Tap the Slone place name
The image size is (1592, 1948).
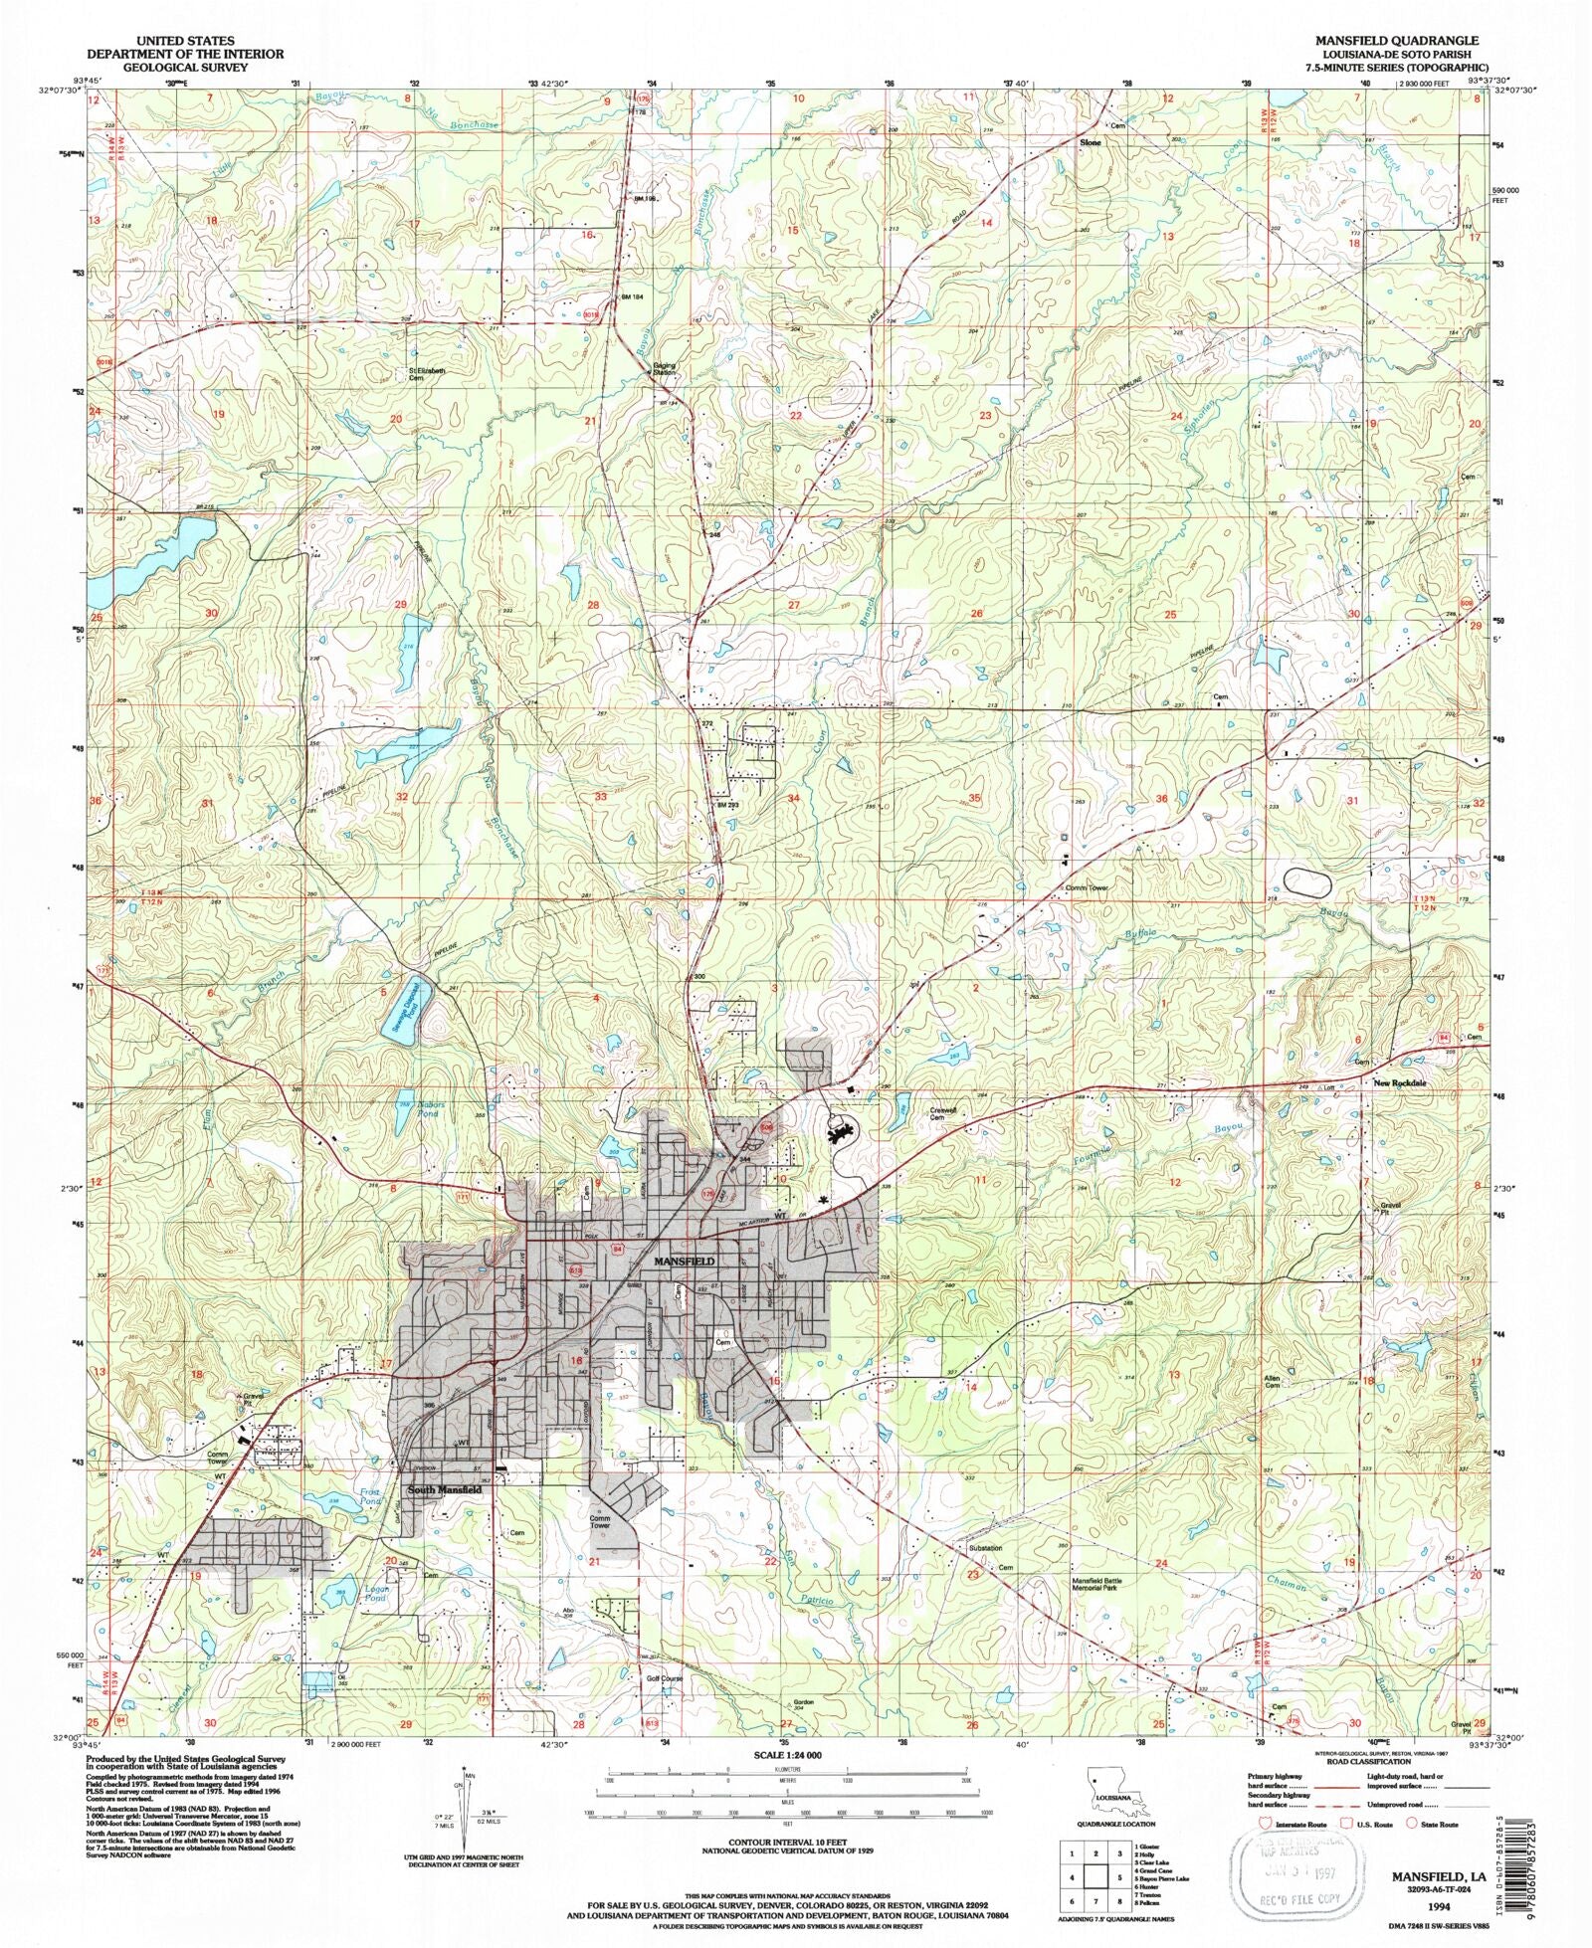1092,142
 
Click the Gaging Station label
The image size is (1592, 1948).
664,368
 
